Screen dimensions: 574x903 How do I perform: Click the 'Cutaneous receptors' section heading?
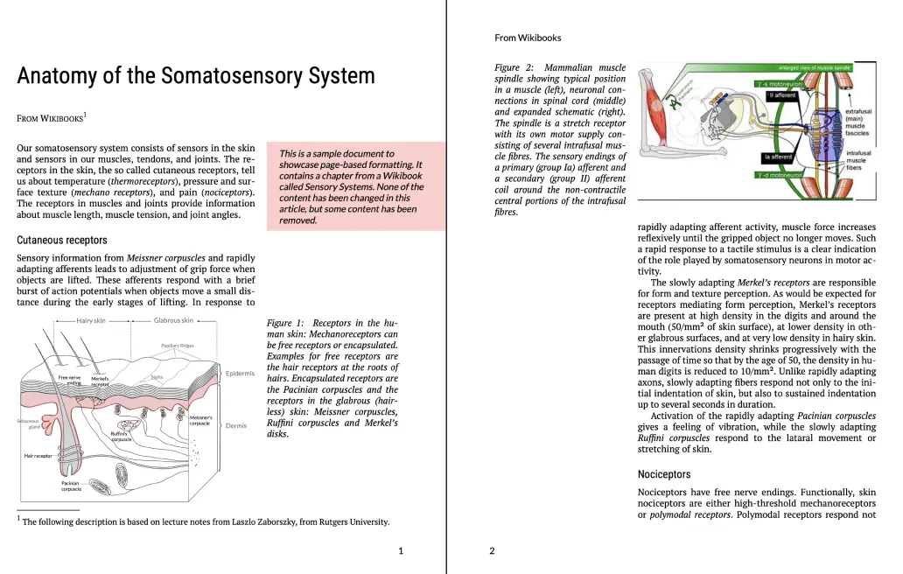pos(62,240)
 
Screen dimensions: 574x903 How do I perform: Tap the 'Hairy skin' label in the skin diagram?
pos(91,321)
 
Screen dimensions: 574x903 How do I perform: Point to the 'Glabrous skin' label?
pos(173,321)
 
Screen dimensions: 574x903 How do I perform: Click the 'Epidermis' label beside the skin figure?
pos(240,374)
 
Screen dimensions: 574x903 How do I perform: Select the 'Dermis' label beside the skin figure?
pos(236,426)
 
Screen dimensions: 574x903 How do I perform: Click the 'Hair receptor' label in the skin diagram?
pos(38,456)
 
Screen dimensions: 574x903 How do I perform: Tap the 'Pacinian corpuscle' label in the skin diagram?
pos(72,486)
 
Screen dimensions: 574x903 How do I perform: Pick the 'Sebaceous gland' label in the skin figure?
pos(27,423)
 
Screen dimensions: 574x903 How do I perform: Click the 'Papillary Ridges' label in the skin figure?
pos(178,346)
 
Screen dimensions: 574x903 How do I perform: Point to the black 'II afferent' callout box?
pos(782,95)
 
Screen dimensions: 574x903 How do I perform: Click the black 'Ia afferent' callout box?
pos(778,157)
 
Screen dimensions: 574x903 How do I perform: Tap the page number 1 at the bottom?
pos(401,551)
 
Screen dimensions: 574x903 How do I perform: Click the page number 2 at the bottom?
pos(492,551)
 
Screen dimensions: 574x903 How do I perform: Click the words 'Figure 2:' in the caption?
pos(514,68)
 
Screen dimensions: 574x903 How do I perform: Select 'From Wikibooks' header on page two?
pos(528,38)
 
